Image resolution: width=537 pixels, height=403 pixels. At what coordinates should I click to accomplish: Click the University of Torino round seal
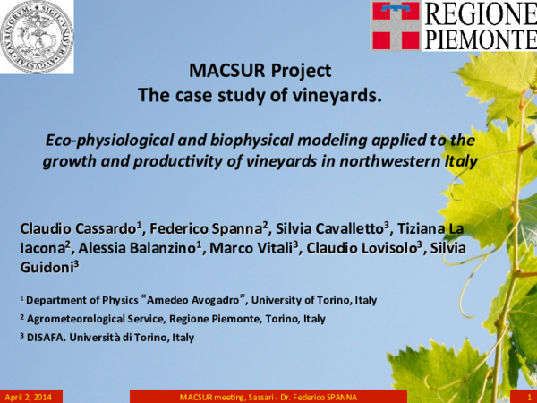(37, 36)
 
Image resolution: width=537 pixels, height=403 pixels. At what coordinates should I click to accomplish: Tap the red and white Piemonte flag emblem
(395, 24)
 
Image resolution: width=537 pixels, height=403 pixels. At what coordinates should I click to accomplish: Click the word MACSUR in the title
(222, 71)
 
